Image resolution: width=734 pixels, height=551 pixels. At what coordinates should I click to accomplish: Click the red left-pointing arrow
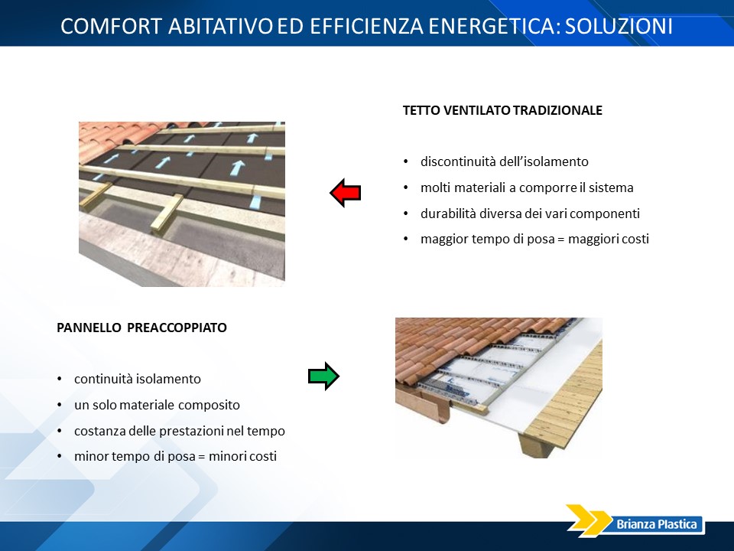[x=346, y=193]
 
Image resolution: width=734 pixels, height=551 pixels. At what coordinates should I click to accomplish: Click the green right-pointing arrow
[x=323, y=377]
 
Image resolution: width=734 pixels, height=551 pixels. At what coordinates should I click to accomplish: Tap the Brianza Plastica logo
[x=635, y=520]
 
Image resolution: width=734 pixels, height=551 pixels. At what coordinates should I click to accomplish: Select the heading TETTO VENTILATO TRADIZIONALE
[x=502, y=110]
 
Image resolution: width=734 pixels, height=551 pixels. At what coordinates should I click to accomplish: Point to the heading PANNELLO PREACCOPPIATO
[x=142, y=328]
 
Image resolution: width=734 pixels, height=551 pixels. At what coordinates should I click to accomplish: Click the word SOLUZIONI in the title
[x=619, y=26]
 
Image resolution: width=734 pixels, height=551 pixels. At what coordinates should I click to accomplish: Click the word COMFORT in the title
[x=112, y=26]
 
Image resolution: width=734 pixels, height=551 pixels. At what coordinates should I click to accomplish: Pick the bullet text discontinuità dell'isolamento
[x=504, y=161]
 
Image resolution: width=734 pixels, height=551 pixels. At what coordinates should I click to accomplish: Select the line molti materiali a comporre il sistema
[x=527, y=188]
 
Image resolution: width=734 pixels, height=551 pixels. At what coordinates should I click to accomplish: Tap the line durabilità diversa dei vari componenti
[x=530, y=214]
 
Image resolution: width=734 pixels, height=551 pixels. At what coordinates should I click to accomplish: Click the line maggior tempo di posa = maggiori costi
[x=534, y=239]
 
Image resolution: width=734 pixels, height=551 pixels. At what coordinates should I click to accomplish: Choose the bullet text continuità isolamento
[x=137, y=379]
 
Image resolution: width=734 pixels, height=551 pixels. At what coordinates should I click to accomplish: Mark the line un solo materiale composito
[x=157, y=405]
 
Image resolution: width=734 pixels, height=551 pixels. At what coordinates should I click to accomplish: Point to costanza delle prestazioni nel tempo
[x=179, y=431]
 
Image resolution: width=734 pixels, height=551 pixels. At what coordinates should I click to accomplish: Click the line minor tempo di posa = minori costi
[x=175, y=456]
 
